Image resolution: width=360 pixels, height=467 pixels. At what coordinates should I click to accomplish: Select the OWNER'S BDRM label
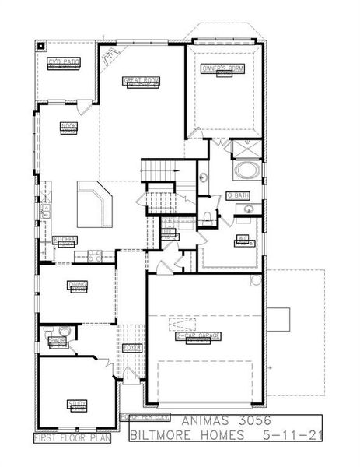coord(223,68)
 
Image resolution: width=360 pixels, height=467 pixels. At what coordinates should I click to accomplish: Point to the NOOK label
coord(68,125)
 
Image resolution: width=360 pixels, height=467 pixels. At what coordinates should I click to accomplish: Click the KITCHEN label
coord(65,240)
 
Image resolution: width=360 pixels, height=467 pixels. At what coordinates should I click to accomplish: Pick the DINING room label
coord(78,285)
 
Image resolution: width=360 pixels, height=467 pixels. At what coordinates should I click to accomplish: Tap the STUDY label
coord(77,403)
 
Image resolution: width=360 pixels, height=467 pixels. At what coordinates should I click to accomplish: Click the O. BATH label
coord(236,195)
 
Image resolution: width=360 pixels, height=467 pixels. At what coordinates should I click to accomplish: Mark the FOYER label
coord(131,348)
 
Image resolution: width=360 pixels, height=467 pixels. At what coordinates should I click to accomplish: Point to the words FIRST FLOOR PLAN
coord(72,438)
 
